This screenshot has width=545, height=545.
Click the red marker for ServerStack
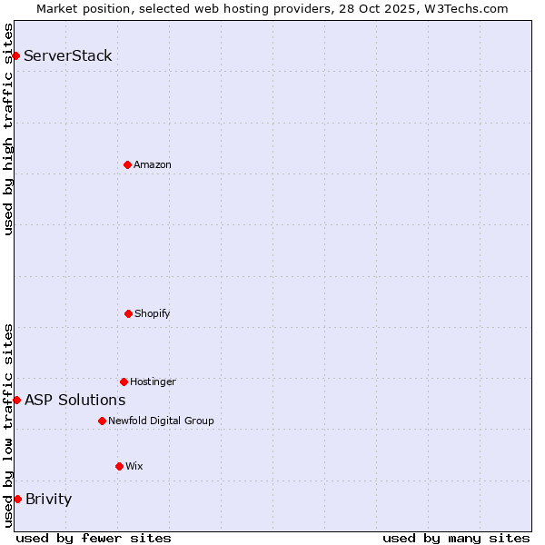click(15, 55)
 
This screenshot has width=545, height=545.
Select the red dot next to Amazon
click(127, 164)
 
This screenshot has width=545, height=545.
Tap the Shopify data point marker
click(128, 313)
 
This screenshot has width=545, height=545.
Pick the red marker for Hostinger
click(124, 381)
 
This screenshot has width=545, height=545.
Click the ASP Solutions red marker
click(16, 400)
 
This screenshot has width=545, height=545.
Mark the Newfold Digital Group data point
click(102, 421)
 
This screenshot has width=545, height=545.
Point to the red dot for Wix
click(119, 466)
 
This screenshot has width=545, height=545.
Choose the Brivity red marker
click(17, 499)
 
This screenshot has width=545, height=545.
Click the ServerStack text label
click(68, 55)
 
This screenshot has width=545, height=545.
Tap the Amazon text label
click(153, 164)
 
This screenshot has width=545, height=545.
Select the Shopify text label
click(153, 313)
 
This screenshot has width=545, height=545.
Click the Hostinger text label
click(153, 381)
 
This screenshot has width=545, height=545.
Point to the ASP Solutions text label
click(75, 400)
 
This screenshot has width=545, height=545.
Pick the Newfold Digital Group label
click(161, 421)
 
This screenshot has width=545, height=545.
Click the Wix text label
click(134, 466)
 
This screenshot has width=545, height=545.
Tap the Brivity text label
click(49, 499)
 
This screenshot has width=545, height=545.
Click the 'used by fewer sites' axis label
click(94, 538)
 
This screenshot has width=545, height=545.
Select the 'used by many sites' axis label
click(456, 538)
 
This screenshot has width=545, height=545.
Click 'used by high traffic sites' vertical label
click(8, 129)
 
